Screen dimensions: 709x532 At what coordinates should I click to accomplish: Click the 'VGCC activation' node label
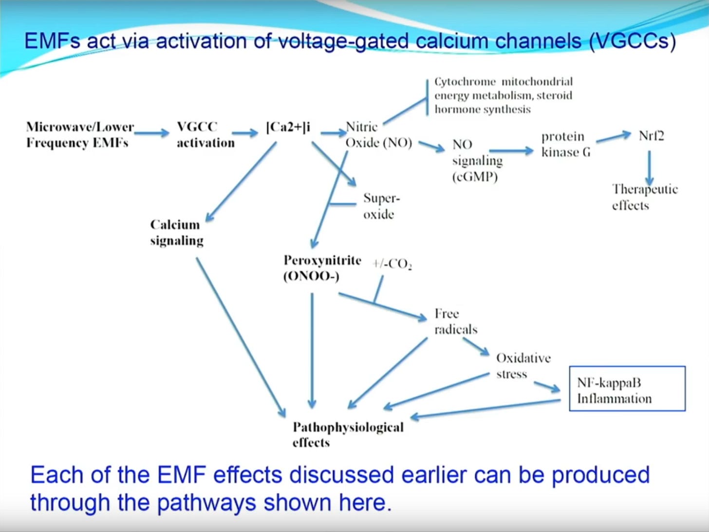(205, 134)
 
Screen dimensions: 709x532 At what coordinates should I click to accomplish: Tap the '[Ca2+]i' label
(288, 127)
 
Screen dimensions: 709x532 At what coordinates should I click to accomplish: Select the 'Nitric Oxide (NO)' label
(378, 134)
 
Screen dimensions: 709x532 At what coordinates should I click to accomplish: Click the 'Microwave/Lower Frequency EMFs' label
(79, 134)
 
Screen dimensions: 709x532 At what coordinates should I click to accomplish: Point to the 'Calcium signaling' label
(176, 232)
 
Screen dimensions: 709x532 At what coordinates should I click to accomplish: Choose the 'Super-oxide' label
(381, 206)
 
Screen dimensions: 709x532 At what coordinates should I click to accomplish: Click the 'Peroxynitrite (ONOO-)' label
(322, 268)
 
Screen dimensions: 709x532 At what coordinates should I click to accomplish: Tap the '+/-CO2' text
(392, 264)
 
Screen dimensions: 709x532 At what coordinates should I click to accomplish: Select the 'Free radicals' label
(455, 321)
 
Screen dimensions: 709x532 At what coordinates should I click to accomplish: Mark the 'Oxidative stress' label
(523, 365)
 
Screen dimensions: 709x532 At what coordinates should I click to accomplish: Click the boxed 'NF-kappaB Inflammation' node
(627, 389)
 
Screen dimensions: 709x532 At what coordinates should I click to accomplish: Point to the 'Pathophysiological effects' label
(348, 434)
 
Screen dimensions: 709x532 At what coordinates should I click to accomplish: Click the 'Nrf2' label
(651, 135)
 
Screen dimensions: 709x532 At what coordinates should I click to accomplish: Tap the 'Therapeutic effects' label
(644, 197)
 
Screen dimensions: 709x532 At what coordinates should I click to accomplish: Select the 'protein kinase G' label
(565, 144)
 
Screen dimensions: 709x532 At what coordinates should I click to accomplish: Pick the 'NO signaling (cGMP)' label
(476, 160)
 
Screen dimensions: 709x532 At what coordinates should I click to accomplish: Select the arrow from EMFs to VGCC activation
(151, 132)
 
